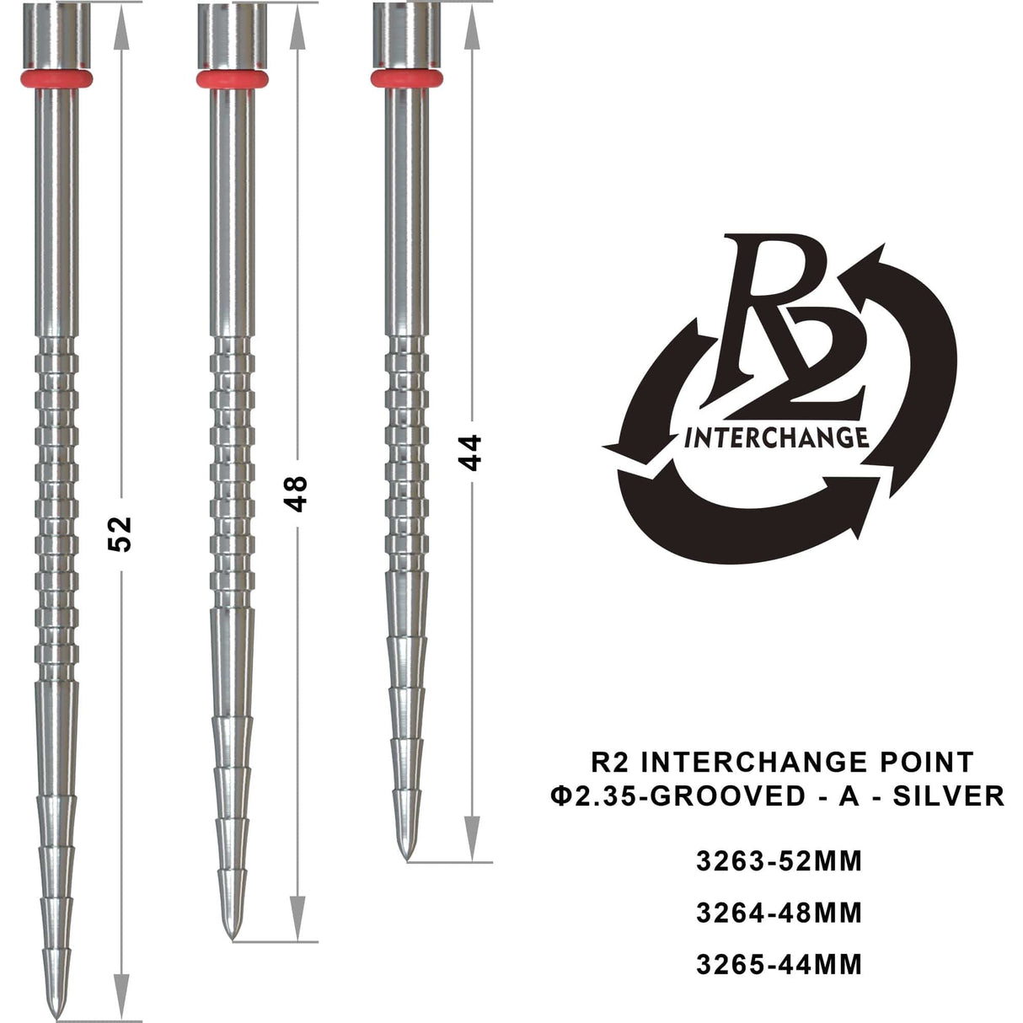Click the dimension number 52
(x=121, y=533)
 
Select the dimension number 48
(x=296, y=493)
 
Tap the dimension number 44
(x=472, y=452)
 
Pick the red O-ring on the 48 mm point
(x=232, y=80)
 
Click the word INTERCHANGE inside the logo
(x=777, y=437)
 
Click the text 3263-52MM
(x=779, y=861)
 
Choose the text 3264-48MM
(x=779, y=913)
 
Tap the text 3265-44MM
(x=779, y=964)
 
